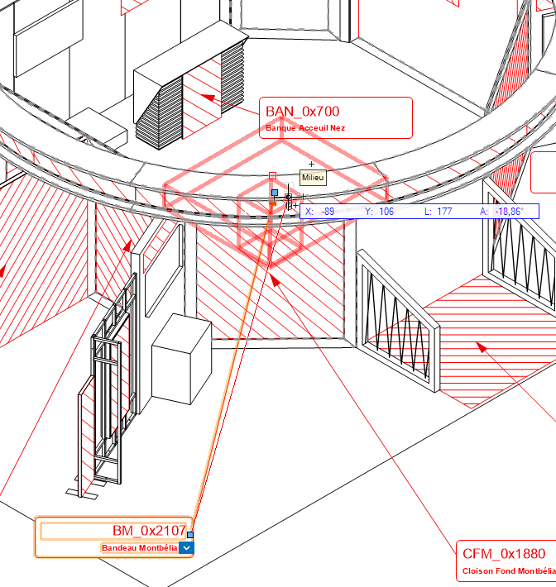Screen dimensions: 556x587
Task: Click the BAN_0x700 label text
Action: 302,111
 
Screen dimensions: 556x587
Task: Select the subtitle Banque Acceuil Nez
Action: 305,128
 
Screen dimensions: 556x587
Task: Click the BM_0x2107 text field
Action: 113,531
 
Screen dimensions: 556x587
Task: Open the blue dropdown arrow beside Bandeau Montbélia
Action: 186,548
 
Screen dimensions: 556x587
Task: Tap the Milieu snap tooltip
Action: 313,178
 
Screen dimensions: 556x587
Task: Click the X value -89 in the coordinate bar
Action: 328,212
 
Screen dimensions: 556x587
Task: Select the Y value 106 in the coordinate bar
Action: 386,212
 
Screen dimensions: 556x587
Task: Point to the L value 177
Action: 444,212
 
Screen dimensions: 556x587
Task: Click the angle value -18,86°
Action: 509,212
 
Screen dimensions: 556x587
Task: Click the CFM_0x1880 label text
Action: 504,554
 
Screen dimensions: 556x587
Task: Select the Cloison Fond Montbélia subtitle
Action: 509,571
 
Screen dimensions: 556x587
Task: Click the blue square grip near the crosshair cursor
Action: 275,193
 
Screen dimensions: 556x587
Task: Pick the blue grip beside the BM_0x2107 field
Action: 190,535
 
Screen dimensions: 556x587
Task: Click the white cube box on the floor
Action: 181,359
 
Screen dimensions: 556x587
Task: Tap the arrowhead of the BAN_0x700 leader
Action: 208,98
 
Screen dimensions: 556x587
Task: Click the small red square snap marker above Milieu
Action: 272,175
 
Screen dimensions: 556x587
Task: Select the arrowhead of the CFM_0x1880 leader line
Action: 275,280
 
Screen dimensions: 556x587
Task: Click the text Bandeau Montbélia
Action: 140,548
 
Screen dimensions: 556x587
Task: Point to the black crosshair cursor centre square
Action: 288,197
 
